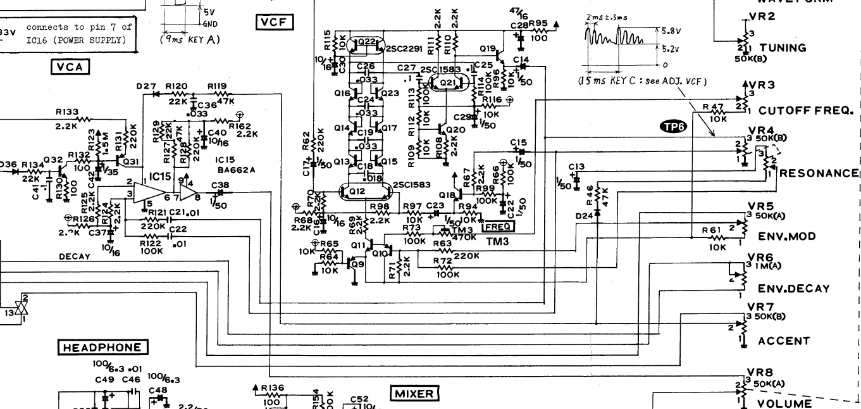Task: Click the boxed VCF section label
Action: coord(275,23)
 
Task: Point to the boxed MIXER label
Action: coord(414,394)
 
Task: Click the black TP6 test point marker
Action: coord(671,127)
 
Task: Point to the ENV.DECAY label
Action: coord(793,289)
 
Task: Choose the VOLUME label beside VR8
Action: coord(784,403)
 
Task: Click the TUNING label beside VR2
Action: coord(783,47)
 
